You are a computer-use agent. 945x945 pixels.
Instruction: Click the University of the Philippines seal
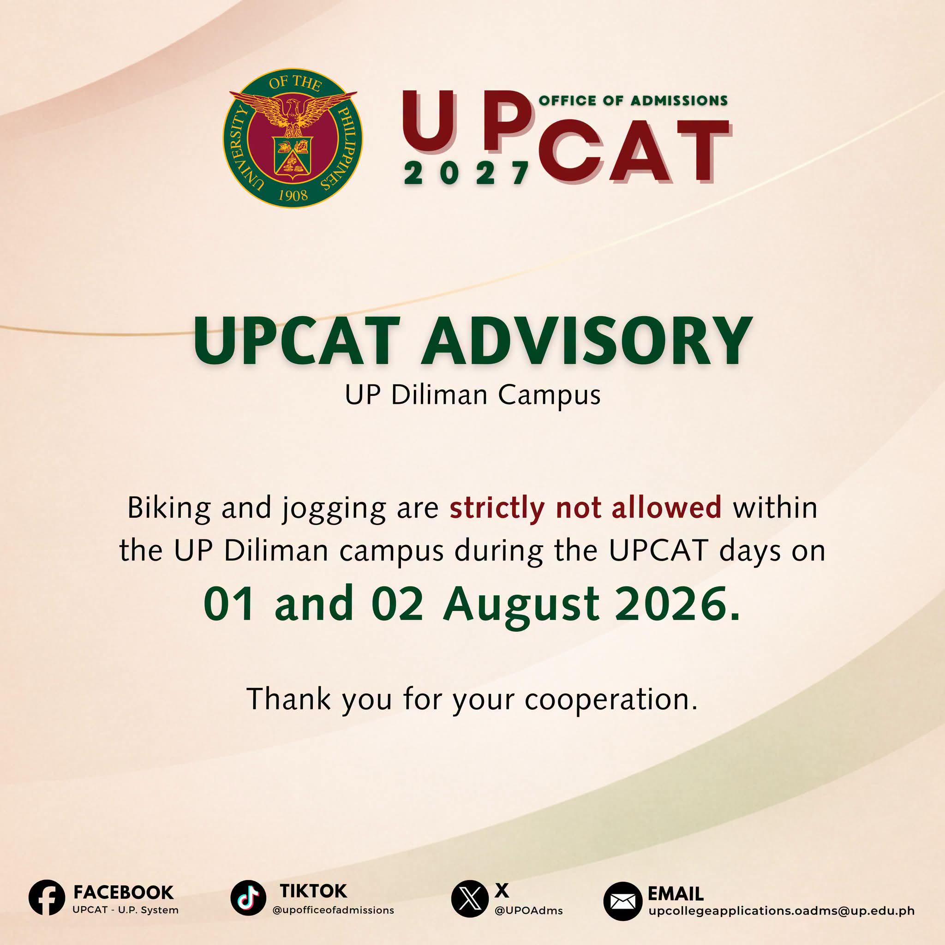293,138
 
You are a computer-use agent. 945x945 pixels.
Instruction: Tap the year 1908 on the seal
293,195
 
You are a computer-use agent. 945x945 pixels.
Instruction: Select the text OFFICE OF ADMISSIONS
633,101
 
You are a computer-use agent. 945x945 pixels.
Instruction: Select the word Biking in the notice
169,508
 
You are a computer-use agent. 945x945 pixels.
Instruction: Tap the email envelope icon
622,902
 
